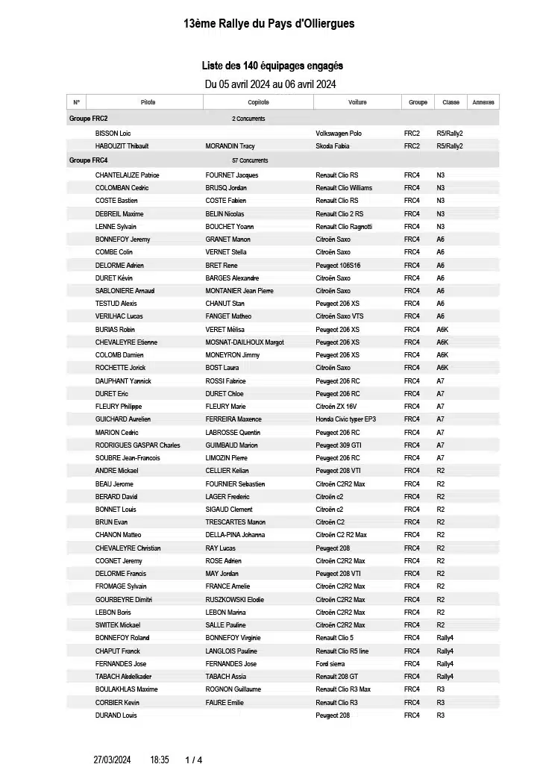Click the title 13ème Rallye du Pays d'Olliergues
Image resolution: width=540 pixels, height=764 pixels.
pos(269,24)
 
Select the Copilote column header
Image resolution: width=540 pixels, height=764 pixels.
pos(258,102)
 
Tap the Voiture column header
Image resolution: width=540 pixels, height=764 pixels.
pos(357,102)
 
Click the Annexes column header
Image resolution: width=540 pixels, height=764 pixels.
pos(483,102)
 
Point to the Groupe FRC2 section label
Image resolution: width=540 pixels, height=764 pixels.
pos(88,119)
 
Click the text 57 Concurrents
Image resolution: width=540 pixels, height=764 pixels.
pos(250,160)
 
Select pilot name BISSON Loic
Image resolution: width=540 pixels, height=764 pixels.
pos(113,134)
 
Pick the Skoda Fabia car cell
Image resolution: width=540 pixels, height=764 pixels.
pos(333,146)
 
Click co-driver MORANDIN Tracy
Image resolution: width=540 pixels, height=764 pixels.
pos(230,146)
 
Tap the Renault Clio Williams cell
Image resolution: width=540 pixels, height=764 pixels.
pos(344,188)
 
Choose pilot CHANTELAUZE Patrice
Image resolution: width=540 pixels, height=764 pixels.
pos(128,175)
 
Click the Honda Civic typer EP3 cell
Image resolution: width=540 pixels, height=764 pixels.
pos(346,419)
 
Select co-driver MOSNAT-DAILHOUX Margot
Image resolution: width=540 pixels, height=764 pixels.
pos(245,342)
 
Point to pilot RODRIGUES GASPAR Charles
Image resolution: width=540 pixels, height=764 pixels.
pos(138,445)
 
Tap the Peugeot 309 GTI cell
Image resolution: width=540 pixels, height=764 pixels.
pos(339,445)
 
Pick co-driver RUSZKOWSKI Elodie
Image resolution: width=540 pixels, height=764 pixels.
pos(235,600)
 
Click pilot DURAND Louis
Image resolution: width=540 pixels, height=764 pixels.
pos(116,716)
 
